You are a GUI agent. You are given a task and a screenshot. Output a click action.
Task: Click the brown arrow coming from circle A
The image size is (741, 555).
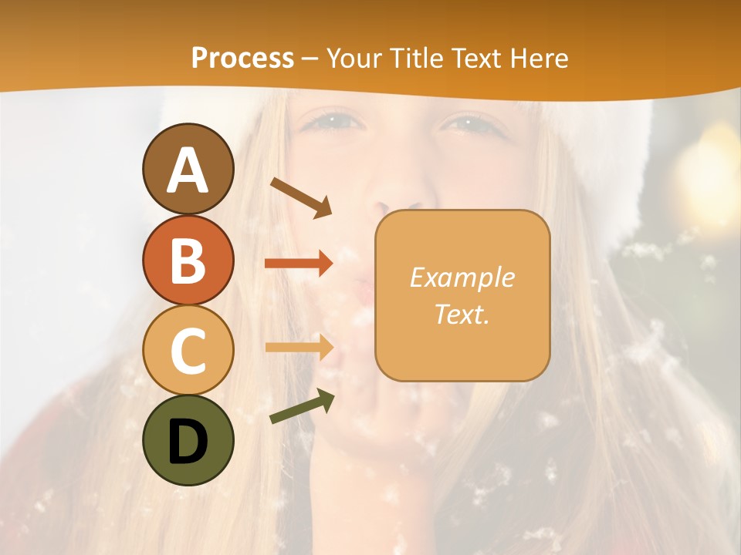tap(301, 197)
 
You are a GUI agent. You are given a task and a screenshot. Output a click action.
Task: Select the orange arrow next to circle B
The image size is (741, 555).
tap(299, 264)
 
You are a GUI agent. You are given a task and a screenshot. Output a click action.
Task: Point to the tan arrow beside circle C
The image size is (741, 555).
tap(299, 347)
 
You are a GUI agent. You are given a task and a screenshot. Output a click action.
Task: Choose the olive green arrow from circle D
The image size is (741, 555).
tap(302, 406)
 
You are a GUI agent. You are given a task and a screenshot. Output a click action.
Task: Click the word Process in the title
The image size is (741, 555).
tap(242, 59)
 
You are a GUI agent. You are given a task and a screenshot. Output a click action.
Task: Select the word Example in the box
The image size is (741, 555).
tap(462, 277)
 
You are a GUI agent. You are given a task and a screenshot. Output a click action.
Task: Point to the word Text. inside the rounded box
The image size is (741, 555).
tap(462, 314)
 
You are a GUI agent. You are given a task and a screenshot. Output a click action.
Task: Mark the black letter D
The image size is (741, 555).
tap(188, 442)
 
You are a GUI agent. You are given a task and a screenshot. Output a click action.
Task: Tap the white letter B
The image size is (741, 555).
tap(188, 261)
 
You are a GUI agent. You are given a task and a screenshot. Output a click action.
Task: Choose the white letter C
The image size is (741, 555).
tap(188, 351)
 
